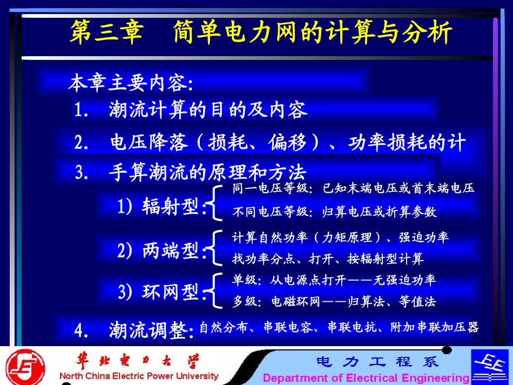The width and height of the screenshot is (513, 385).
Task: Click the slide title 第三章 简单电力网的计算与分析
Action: coord(261,33)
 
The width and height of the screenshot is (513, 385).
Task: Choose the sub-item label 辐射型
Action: coord(171,206)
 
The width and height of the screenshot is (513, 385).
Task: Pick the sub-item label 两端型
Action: coord(171,251)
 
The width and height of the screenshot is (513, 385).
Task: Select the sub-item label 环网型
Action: coord(171,292)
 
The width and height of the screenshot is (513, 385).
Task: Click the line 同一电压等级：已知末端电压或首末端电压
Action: coord(353,188)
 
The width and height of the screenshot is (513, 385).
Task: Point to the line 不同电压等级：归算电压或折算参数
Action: coord(334,212)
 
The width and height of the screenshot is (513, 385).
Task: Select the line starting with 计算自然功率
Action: coord(340,237)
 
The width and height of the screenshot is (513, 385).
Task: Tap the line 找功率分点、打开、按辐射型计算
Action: coord(328,259)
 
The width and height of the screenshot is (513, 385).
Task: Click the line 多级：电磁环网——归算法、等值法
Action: coord(334,302)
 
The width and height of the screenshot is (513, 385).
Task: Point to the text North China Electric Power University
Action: coord(139,376)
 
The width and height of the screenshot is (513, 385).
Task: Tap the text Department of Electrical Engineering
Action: coord(366,377)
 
